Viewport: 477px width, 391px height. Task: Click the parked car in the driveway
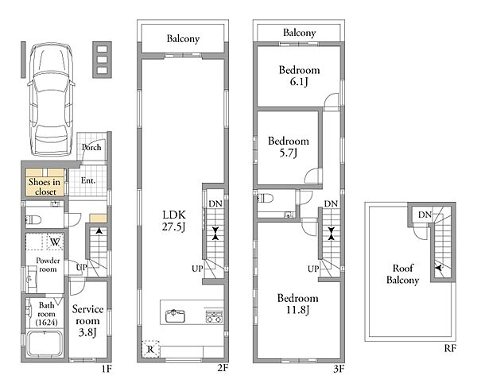(x=51, y=99)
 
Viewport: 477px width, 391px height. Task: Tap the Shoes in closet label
(x=45, y=187)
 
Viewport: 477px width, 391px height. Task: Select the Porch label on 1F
(x=91, y=147)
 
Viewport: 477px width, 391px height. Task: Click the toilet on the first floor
(x=33, y=219)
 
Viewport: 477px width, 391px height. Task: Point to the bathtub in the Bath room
(x=45, y=344)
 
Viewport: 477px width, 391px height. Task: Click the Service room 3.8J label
(x=87, y=321)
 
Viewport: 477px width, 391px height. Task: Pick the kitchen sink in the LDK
(x=176, y=316)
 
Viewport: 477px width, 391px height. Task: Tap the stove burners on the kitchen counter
(x=214, y=316)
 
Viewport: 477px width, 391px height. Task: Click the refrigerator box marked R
(x=150, y=349)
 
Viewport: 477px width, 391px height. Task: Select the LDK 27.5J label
(x=173, y=220)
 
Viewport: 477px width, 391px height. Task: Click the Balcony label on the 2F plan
(x=183, y=39)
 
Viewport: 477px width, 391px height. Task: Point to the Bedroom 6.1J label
(x=300, y=75)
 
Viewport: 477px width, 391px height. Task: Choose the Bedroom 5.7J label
(x=289, y=147)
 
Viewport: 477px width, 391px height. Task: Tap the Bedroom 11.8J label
(x=298, y=304)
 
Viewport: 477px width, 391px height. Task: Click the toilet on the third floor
(x=265, y=199)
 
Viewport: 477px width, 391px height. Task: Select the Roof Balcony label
(x=403, y=274)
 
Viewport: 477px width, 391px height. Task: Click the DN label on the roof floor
(x=425, y=215)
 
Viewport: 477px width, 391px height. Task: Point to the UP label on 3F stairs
(x=313, y=269)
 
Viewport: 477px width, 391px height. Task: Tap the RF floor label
(x=450, y=348)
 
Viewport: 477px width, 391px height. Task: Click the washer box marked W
(x=55, y=242)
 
